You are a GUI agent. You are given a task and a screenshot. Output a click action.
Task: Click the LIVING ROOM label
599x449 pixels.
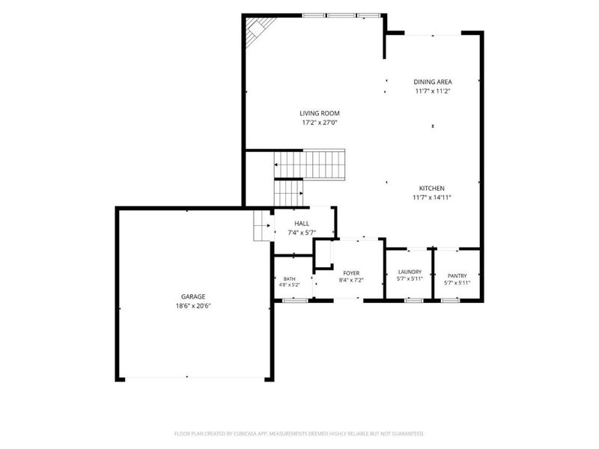coord(320,114)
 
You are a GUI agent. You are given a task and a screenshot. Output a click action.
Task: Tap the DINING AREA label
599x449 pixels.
coord(433,82)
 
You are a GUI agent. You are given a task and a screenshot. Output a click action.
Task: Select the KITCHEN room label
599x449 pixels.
coord(432,189)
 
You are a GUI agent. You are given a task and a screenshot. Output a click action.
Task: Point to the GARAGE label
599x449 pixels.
coord(193,296)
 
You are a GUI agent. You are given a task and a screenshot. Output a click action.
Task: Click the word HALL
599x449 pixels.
coord(302,223)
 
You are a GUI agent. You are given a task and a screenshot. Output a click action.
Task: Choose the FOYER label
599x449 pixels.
coord(351,273)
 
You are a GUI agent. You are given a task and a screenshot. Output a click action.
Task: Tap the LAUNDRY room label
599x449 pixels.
coord(410,272)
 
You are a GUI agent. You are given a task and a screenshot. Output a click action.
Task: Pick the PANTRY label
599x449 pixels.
coord(457,275)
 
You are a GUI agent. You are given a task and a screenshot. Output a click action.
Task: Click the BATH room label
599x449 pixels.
coord(289,279)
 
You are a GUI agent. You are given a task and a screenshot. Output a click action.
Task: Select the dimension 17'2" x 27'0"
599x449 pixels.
coord(320,123)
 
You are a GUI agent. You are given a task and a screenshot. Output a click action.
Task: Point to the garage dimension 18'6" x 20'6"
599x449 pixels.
coord(193,306)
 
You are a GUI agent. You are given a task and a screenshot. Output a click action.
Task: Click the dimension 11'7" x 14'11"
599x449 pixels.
coord(432,198)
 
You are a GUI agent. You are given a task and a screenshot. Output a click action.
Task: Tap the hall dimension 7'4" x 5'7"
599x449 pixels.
coord(302,233)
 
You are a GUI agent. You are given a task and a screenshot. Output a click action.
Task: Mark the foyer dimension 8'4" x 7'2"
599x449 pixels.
coord(351,280)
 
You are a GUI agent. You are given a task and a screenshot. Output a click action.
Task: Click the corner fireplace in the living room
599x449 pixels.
coord(258,30)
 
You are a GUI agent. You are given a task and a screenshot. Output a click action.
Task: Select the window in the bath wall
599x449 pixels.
coord(295,301)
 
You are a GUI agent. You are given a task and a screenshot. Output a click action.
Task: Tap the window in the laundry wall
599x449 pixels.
coord(414,301)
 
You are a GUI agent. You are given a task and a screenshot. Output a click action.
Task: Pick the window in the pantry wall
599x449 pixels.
coord(450,301)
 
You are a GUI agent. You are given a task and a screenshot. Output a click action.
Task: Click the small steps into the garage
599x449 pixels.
coord(263,226)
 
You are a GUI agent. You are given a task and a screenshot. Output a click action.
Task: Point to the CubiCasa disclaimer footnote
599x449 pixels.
coord(299,434)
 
